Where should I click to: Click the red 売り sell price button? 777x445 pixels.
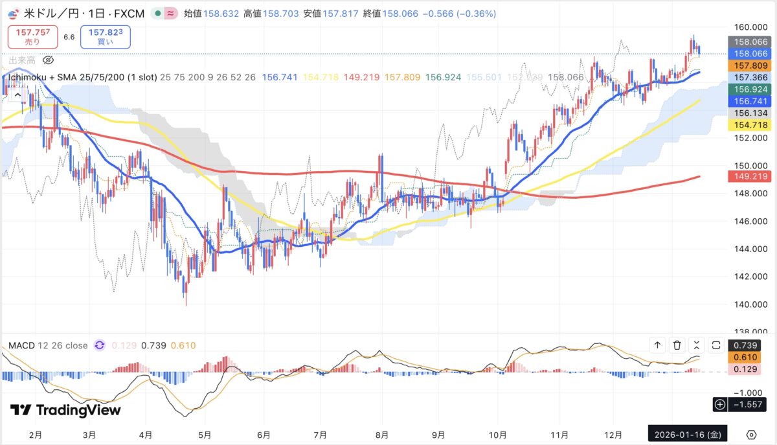point(32,37)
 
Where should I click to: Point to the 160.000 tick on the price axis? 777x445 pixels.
point(747,27)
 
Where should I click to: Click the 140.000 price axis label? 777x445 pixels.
point(747,304)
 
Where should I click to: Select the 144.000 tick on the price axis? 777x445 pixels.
point(747,249)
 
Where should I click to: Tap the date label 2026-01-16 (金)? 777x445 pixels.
point(688,434)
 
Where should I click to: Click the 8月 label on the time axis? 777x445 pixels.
point(381,434)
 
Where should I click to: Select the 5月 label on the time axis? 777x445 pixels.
point(205,434)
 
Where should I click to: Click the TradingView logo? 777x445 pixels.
point(65,410)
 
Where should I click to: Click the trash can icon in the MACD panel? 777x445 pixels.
point(677,345)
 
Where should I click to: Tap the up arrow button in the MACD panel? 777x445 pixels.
point(658,345)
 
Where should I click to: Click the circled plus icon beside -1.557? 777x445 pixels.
point(719,405)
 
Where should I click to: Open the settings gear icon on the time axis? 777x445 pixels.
point(751,434)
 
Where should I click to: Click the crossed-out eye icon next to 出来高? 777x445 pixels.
point(47,60)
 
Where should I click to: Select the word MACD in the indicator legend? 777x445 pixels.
point(21,345)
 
